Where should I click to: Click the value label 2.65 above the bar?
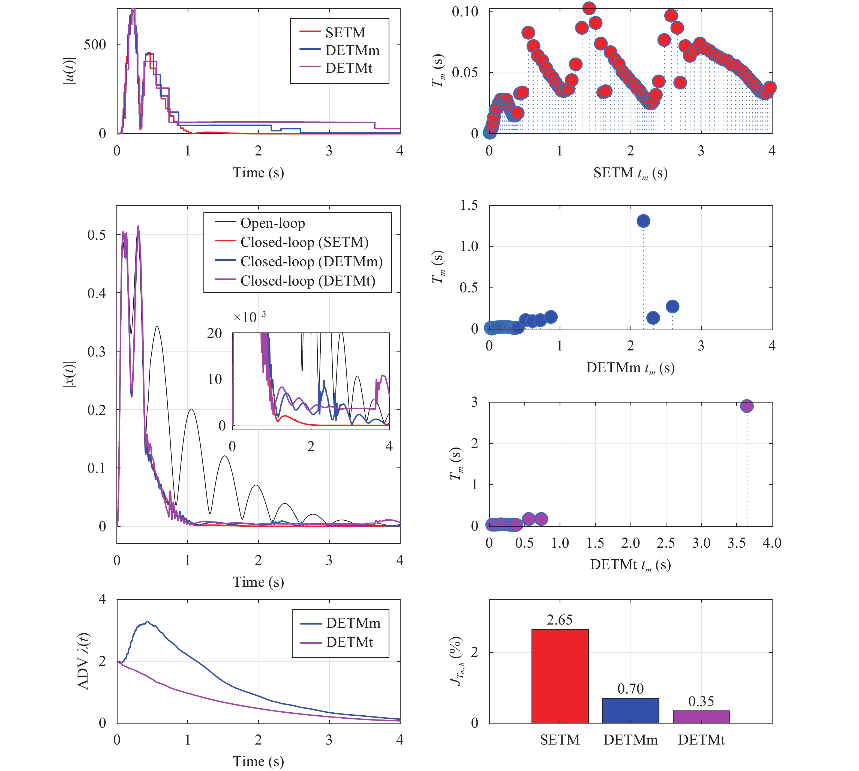[560, 620]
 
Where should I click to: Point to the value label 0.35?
[701, 701]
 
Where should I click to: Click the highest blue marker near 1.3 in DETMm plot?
[643, 221]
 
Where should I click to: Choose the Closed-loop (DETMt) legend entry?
[308, 281]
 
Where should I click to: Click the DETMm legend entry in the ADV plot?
[353, 623]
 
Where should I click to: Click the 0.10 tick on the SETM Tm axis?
[465, 11]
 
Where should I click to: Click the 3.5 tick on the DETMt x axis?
[736, 543]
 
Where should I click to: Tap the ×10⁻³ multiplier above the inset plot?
[250, 317]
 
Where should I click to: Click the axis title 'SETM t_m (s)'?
[630, 173]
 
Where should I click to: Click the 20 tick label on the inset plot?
[214, 333]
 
